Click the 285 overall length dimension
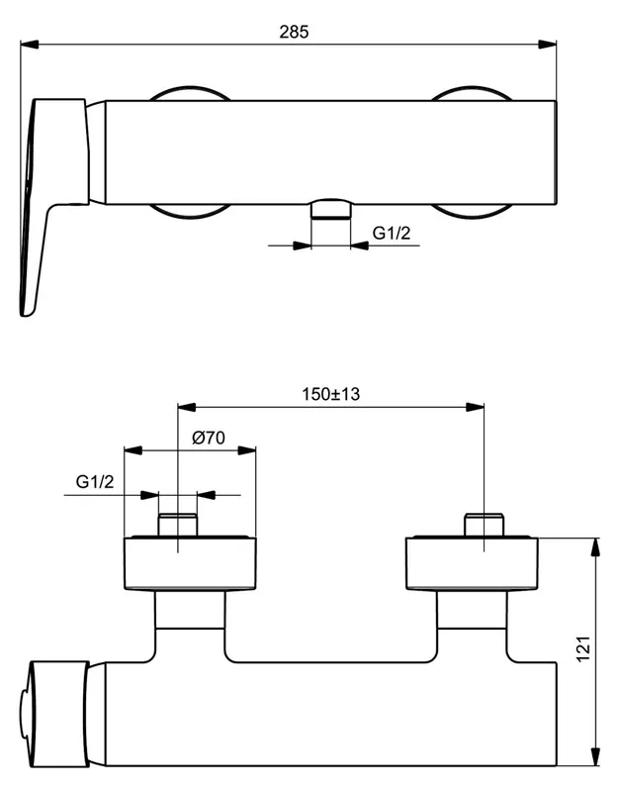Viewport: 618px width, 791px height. [x=294, y=31]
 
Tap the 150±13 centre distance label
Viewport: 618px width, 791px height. [x=330, y=394]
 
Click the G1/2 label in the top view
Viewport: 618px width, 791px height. [x=391, y=234]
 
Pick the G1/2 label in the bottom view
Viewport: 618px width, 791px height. [x=96, y=482]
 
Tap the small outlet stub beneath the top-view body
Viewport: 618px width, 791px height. [x=330, y=208]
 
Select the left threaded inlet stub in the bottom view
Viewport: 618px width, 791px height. [x=178, y=525]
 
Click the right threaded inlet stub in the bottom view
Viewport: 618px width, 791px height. [x=484, y=525]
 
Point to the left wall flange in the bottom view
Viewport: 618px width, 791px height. [x=190, y=564]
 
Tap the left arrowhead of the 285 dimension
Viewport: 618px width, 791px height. [x=28, y=43]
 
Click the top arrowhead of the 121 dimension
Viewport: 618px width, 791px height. [x=595, y=544]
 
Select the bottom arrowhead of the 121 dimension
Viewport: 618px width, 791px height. [x=595, y=759]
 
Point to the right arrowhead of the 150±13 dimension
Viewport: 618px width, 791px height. [x=478, y=406]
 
